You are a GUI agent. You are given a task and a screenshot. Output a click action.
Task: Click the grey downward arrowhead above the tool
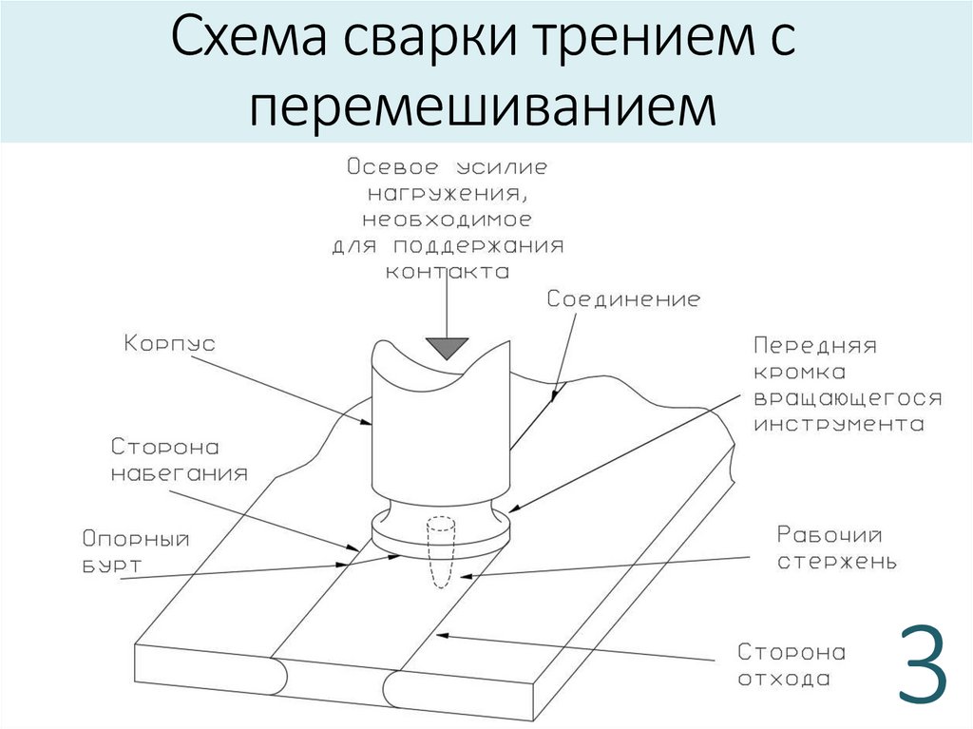[x=447, y=348]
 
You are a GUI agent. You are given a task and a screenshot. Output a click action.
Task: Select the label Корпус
[x=169, y=344]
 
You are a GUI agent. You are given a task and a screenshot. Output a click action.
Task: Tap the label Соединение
[x=623, y=299]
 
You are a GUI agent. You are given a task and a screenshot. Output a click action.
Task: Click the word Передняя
[x=814, y=345]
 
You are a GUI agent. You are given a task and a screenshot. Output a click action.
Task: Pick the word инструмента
[x=839, y=426]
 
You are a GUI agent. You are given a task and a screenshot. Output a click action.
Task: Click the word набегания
[x=180, y=473]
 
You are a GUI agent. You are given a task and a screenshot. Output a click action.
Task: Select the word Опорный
[x=136, y=539]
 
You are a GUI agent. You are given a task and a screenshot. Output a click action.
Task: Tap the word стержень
[x=837, y=562]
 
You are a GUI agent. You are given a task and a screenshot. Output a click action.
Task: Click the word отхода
[x=784, y=679]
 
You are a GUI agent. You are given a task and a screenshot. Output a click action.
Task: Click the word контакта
[x=448, y=272]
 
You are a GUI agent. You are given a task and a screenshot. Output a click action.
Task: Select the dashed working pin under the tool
[x=441, y=552]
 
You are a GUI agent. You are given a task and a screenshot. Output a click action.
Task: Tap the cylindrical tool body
[x=441, y=434]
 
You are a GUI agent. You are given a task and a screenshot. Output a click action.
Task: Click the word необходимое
[x=448, y=220]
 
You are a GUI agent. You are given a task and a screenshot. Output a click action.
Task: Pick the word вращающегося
[x=848, y=398]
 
